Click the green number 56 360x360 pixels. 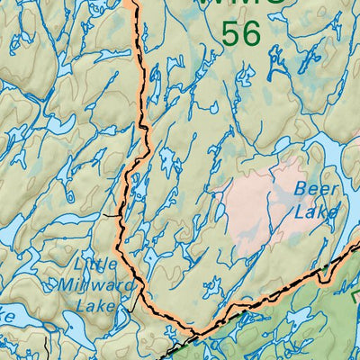[240, 34]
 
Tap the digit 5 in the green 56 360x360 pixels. [230, 34]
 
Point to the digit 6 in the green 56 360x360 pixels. [251, 34]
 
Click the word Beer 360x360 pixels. [317, 190]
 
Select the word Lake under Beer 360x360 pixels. [317, 212]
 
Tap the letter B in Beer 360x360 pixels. [302, 190]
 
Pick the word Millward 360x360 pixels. [94, 286]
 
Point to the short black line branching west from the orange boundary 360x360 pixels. [110, 216]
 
